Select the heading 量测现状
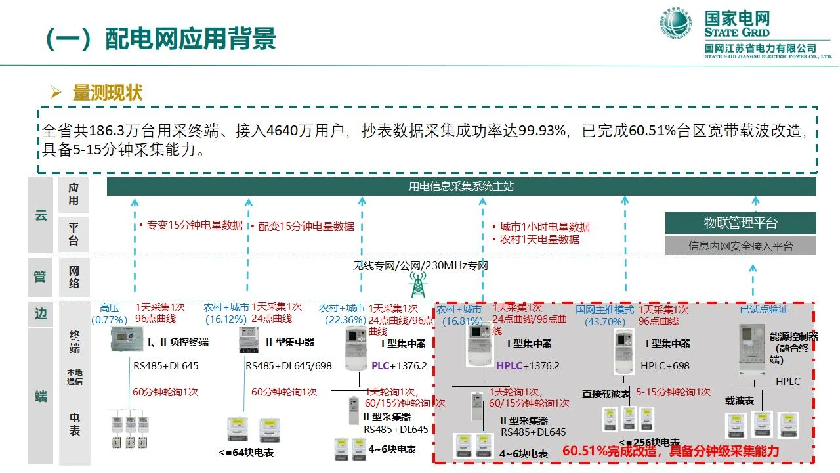[107, 93]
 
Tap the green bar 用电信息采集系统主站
[461, 187]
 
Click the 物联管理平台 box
[740, 223]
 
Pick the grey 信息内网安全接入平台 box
[740, 246]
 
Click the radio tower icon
[417, 284]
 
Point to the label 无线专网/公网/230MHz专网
[420, 266]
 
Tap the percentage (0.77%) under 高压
[109, 320]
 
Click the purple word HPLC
[509, 366]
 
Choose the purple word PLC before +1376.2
[381, 366]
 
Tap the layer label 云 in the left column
[41, 215]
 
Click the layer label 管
[41, 277]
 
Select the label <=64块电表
[246, 453]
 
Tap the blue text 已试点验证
[764, 309]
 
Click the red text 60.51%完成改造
[612, 451]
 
